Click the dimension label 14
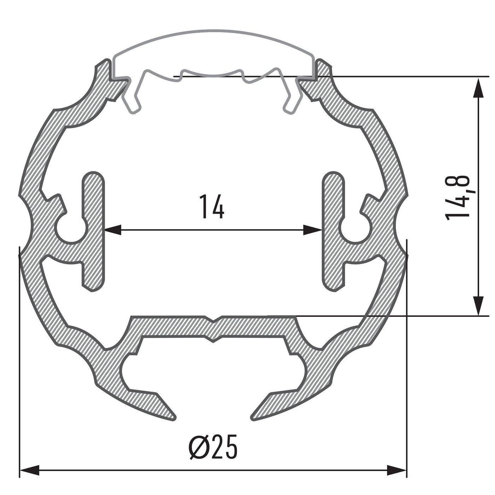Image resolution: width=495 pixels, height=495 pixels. [x=212, y=206]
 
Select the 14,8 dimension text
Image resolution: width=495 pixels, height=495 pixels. [x=458, y=197]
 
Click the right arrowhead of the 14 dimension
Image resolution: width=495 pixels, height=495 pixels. [x=313, y=231]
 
